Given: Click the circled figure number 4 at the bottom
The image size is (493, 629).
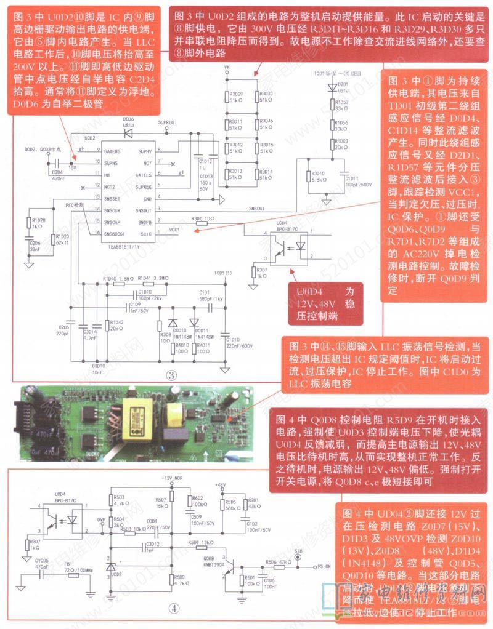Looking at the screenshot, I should [x=174, y=607].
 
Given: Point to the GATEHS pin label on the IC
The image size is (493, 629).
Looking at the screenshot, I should [x=112, y=151].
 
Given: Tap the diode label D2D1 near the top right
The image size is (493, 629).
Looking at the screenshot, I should [x=343, y=84].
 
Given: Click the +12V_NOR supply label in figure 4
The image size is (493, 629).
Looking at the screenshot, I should [x=173, y=478].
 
